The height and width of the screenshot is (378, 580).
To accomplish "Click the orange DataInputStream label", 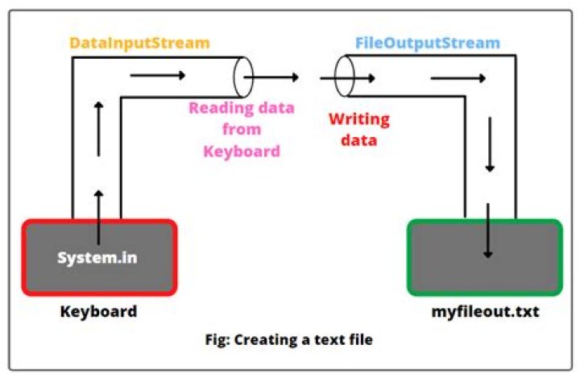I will tap(139, 43).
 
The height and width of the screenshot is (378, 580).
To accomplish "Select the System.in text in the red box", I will tap(97, 258).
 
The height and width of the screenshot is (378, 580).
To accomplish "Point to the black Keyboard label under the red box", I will tap(98, 311).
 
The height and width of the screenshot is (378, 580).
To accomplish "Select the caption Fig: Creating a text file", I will tap(288, 339).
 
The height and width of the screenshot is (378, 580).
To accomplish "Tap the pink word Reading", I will tap(217, 108).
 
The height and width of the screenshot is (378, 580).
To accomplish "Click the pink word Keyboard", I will tap(241, 150).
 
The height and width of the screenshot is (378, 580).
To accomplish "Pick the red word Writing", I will tap(358, 119).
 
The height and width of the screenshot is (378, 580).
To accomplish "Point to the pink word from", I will tap(241, 129).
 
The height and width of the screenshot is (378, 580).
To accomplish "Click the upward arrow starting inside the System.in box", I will tap(98, 218).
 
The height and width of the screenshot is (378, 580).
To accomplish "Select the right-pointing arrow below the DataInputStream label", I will tap(157, 77).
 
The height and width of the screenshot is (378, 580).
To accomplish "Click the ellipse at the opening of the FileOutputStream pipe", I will tap(344, 77).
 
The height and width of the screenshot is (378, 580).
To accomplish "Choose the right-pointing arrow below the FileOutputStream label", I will tap(458, 78).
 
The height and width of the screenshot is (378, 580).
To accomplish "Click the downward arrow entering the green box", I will tap(487, 230).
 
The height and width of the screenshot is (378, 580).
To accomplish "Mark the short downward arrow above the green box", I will tap(488, 156).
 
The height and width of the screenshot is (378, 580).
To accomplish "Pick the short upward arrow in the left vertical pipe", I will tap(98, 129).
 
